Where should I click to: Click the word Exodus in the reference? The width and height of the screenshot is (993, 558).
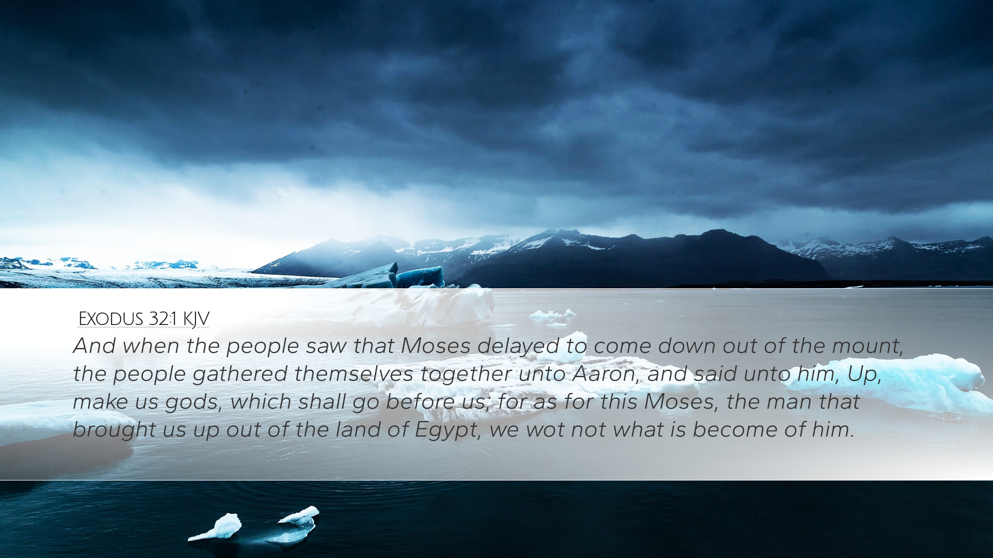(111, 319)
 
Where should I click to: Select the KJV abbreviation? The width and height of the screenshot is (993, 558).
(196, 320)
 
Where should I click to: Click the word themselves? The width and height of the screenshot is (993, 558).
(354, 374)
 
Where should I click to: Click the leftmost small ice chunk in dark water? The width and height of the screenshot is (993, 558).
(216, 528)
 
